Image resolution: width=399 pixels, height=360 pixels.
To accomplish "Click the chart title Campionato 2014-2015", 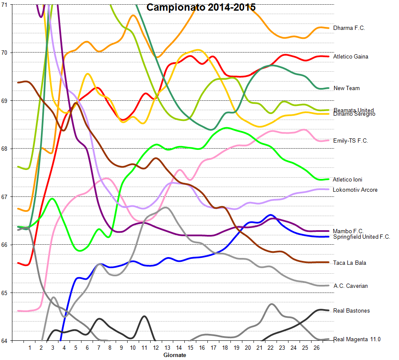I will point(201,7).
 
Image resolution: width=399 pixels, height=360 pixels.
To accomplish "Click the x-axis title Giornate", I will point(175,355).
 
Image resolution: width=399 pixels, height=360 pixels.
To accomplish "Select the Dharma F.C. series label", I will point(349,28).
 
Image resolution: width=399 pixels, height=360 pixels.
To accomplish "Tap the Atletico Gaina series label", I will point(350,57).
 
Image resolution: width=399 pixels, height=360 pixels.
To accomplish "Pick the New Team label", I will point(347,88).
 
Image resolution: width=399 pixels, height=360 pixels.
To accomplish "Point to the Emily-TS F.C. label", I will point(350,140).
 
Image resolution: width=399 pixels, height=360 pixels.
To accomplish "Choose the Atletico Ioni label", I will point(348,180).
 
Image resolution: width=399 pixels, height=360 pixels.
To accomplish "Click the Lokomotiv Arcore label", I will point(355,190).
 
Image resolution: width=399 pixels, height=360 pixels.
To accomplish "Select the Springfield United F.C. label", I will point(361,237).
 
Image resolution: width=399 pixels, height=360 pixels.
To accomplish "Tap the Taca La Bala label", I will point(349,263).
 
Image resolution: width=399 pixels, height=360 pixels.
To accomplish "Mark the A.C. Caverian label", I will point(350,286).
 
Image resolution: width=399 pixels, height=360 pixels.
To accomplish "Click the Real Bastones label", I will point(351,311).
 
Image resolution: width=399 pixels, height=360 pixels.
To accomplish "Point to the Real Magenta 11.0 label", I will point(357,340).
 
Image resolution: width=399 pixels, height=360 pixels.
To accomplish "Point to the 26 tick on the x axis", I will point(316,348).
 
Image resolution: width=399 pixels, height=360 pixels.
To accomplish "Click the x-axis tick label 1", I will point(30,348).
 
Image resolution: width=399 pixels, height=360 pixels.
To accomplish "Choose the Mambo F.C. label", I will point(348,231).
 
